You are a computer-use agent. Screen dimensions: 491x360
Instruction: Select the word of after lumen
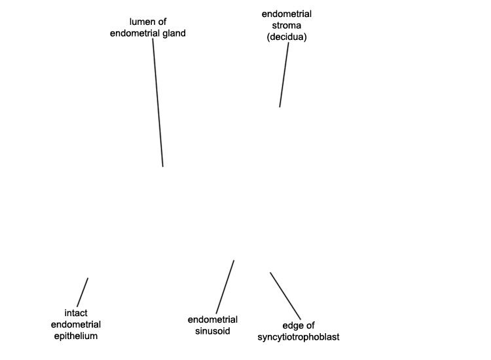click(x=162, y=22)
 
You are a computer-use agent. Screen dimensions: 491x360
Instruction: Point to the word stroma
click(x=287, y=26)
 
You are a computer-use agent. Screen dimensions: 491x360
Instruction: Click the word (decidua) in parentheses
click(x=287, y=37)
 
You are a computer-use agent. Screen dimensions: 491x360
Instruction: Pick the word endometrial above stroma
click(x=287, y=14)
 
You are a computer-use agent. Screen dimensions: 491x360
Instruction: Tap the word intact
click(x=76, y=313)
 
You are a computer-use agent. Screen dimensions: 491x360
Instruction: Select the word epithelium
click(x=76, y=336)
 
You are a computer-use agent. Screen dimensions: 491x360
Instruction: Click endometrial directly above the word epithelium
click(x=76, y=324)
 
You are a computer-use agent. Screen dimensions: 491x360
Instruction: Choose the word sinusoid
click(x=213, y=331)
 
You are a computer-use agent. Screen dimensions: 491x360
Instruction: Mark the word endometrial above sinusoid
click(x=213, y=319)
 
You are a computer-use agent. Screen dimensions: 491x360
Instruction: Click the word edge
click(x=293, y=325)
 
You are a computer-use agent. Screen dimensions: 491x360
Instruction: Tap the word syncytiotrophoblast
click(x=299, y=337)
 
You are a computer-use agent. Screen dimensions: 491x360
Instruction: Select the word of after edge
click(x=310, y=325)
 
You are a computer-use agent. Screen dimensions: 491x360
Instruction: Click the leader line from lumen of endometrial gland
click(x=158, y=103)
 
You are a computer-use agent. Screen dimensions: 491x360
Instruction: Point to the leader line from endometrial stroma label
click(x=284, y=75)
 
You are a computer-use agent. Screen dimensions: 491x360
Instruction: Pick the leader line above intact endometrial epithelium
click(x=82, y=293)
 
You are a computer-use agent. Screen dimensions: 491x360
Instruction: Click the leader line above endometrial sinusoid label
click(x=225, y=287)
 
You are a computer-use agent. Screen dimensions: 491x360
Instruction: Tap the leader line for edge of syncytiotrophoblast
click(x=285, y=296)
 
